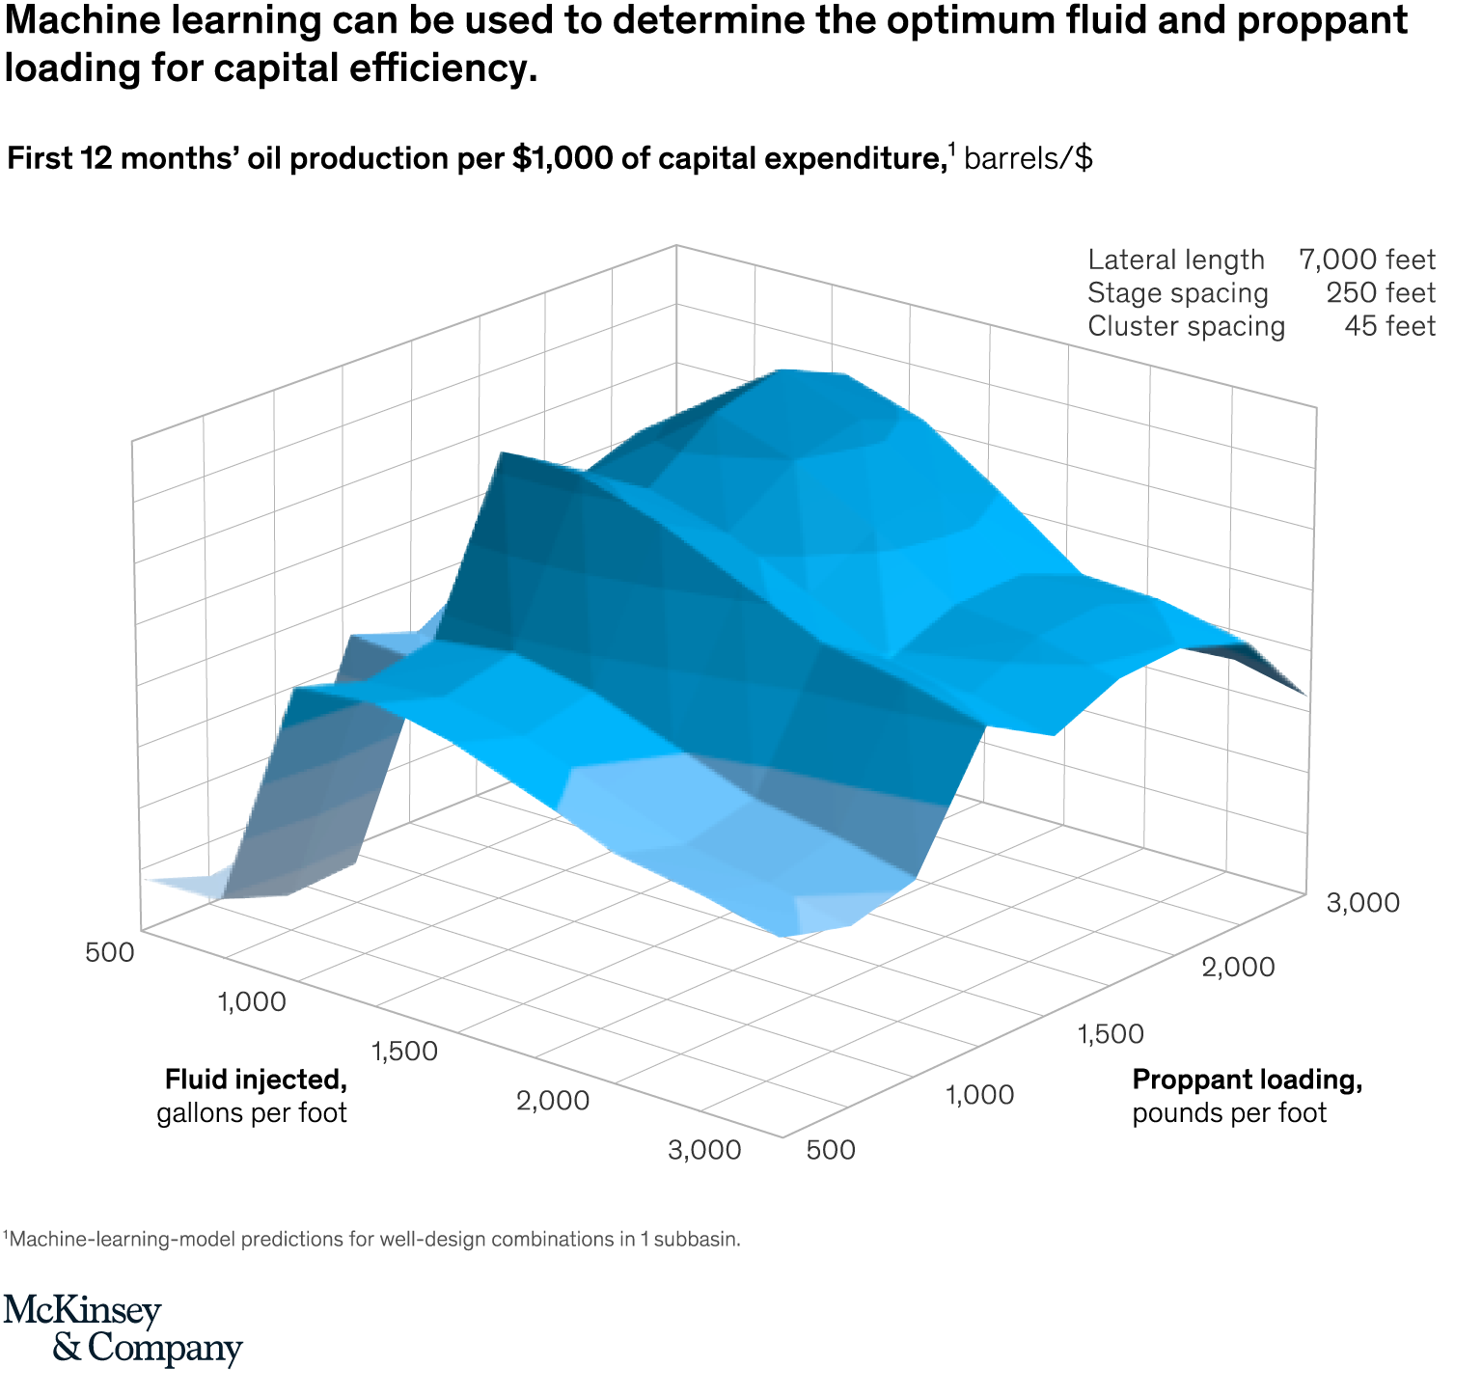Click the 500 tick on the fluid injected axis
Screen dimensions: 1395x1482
click(109, 951)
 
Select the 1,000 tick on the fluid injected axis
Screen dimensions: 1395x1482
click(252, 1001)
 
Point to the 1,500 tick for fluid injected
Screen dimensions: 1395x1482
click(403, 1051)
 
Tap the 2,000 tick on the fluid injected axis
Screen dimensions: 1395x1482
click(553, 1100)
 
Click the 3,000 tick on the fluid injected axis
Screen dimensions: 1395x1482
click(704, 1150)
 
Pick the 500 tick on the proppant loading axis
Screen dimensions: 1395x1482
click(830, 1150)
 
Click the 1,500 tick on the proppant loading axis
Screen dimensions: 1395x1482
click(1111, 1033)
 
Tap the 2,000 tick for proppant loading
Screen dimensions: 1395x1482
click(1239, 967)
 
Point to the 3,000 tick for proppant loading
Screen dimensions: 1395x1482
click(1362, 903)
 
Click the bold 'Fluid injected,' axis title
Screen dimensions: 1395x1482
click(256, 1079)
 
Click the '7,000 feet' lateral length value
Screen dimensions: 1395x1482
click(1366, 260)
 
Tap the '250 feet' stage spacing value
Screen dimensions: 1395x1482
click(1380, 292)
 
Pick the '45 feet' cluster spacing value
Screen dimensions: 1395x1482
click(1389, 326)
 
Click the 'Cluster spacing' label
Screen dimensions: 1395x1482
click(1186, 326)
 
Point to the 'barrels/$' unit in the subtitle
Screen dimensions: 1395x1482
click(1029, 158)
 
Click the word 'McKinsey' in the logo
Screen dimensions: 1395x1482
click(83, 1311)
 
